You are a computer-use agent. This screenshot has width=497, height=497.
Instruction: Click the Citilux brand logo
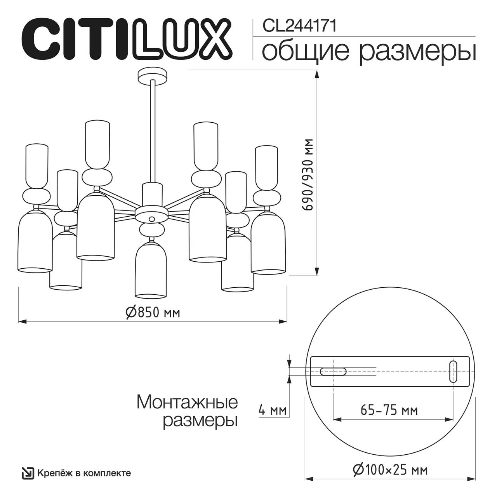point(126,39)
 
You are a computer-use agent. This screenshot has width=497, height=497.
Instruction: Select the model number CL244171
point(299,26)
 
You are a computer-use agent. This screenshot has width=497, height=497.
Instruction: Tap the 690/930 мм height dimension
point(309,174)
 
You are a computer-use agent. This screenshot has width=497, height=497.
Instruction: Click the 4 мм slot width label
point(273,410)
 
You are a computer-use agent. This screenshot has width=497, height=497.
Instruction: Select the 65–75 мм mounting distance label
point(389,410)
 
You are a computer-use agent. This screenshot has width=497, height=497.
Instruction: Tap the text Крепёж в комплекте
point(84,473)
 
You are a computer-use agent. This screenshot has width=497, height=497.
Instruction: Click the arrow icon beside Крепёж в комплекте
point(28,473)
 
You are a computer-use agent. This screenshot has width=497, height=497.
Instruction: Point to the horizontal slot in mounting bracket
point(333,372)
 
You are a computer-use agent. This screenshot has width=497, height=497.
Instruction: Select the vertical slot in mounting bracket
point(453,372)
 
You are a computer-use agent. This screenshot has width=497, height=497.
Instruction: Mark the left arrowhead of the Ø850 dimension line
point(22,321)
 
